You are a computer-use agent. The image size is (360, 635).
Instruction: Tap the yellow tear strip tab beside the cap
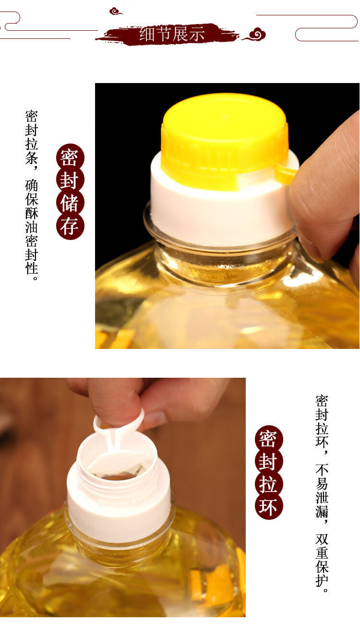[x=286, y=174]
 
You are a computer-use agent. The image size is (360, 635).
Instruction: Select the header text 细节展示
[x=172, y=34]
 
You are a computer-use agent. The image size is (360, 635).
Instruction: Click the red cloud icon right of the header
[x=255, y=34]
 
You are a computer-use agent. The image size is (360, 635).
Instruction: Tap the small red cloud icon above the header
[x=116, y=11]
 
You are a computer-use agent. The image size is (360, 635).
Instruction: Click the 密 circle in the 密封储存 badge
[x=70, y=157]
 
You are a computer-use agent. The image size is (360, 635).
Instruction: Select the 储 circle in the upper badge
[x=70, y=203]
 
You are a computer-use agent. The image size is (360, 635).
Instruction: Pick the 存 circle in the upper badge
[x=70, y=226]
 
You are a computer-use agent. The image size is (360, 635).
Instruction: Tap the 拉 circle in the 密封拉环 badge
[x=269, y=484]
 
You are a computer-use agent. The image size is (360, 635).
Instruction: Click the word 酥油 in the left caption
[x=32, y=219]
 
